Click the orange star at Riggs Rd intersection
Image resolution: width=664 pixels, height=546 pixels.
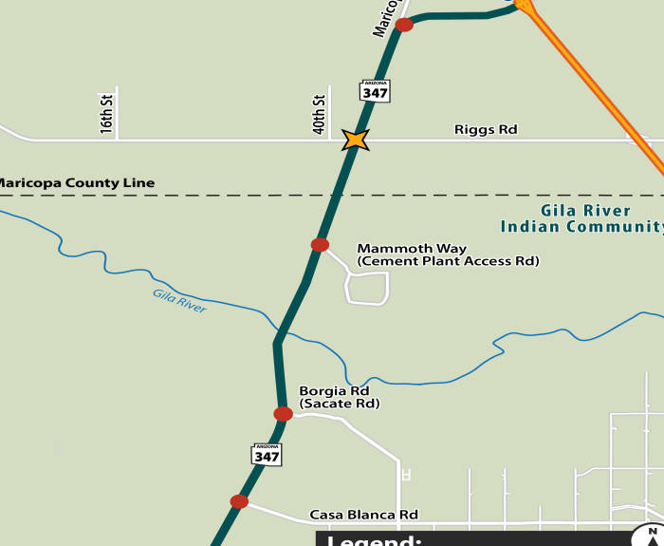click(x=356, y=140)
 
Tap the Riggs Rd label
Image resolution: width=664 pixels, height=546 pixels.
click(x=486, y=129)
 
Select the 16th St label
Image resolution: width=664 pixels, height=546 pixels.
click(x=106, y=113)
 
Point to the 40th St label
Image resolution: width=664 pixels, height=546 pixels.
click(x=320, y=113)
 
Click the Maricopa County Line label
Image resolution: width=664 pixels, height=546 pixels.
click(x=76, y=182)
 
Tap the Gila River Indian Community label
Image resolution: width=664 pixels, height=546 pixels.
click(x=582, y=219)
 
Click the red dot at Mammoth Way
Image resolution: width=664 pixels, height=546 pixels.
click(x=320, y=245)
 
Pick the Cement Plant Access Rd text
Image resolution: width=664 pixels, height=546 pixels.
click(x=448, y=261)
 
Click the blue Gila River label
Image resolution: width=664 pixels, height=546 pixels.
click(x=179, y=301)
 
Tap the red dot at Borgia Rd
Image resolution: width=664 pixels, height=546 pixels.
click(x=283, y=414)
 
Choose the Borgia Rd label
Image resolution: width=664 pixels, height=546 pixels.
click(x=334, y=390)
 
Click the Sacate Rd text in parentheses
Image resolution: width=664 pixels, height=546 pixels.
click(x=340, y=404)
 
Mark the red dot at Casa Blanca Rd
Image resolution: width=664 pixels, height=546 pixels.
click(x=239, y=501)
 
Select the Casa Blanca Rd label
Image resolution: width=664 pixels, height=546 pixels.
click(x=363, y=516)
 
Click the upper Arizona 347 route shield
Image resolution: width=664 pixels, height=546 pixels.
click(x=376, y=91)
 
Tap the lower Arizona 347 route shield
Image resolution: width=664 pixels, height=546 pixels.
click(x=267, y=455)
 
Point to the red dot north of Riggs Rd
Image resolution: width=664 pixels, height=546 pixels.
click(x=404, y=25)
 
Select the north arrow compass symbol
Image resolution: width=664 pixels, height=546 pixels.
click(x=651, y=536)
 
